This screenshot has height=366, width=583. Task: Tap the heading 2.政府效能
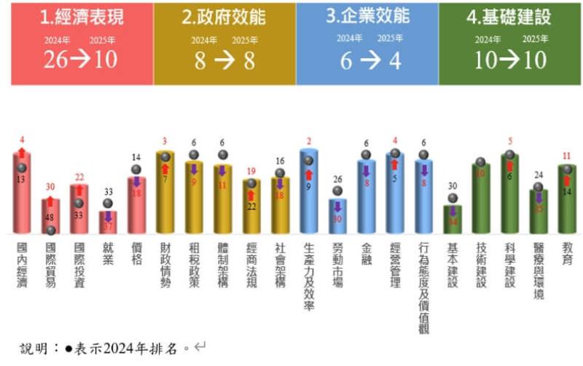(224, 17)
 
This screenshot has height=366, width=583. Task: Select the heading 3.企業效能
(368, 15)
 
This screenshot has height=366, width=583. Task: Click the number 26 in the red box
(55, 60)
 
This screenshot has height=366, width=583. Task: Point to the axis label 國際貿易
(50, 266)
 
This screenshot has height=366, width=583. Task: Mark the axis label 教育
(568, 253)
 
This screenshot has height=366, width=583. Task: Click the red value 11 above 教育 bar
(568, 156)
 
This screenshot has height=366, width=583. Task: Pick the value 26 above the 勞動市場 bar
(337, 179)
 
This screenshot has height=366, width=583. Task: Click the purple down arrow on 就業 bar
(108, 216)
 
